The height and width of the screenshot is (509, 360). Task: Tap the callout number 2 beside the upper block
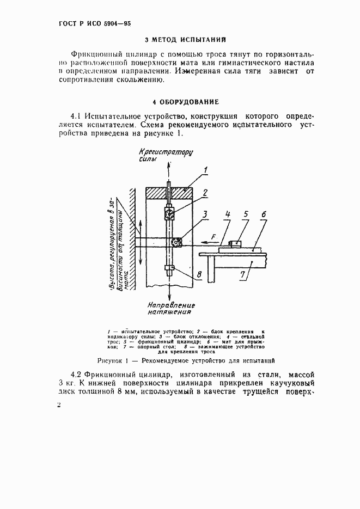click(x=205, y=192)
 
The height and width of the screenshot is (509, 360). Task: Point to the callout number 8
click(x=199, y=274)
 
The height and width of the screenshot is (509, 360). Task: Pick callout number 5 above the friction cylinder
click(x=246, y=215)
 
